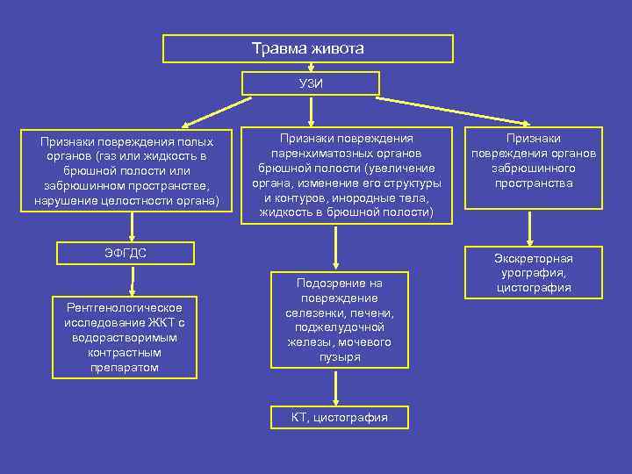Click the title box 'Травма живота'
tap(308, 48)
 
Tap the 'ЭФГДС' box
tap(132, 254)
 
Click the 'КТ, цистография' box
tap(340, 418)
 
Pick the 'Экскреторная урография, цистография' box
tap(533, 273)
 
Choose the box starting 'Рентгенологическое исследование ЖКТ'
tap(124, 337)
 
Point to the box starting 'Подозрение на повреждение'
tap(339, 320)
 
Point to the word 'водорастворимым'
tap(124, 337)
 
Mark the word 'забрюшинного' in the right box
tap(533, 168)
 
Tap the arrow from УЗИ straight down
tap(309, 111)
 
